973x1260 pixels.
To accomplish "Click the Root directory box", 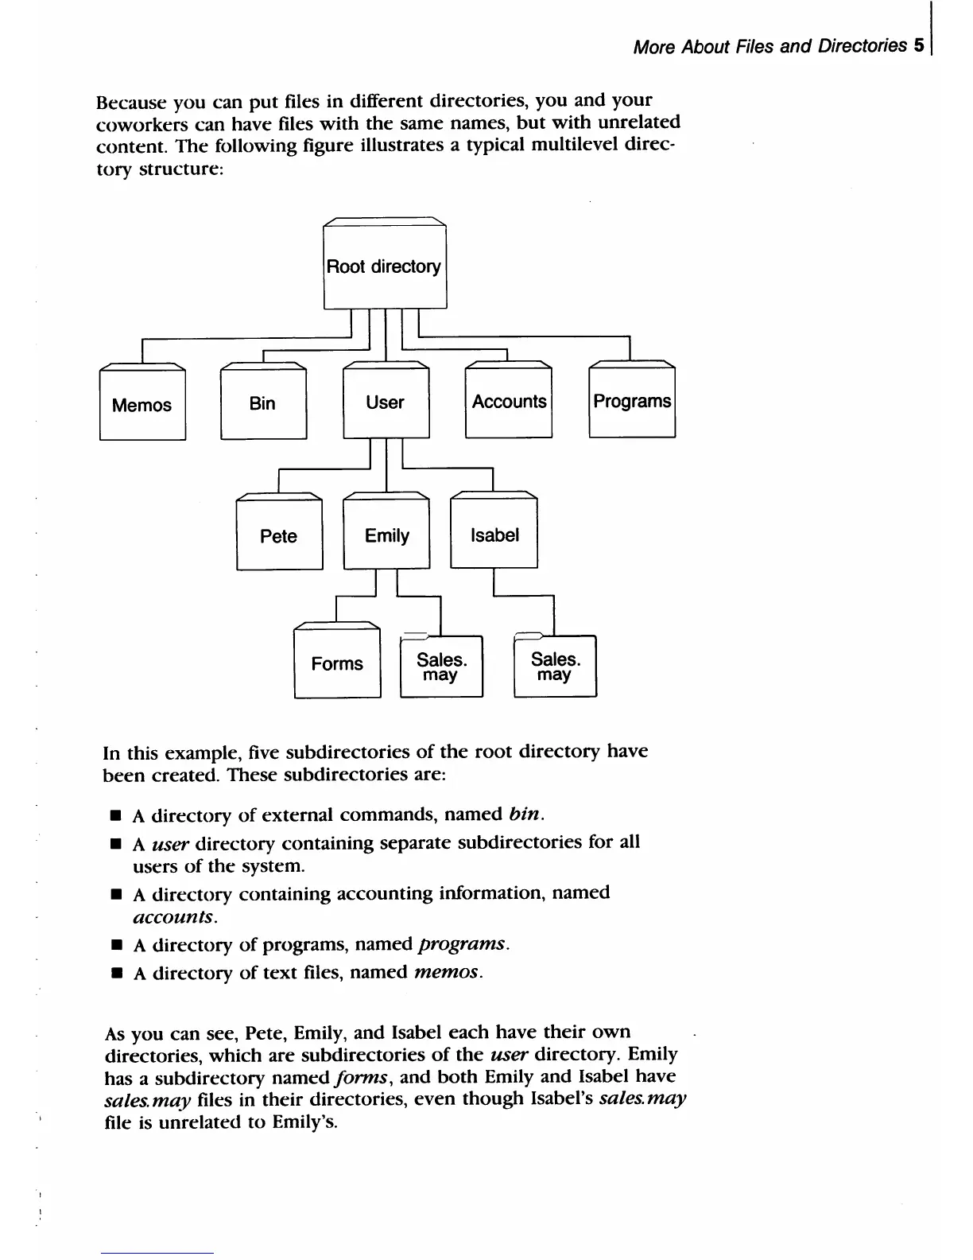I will pos(385,267).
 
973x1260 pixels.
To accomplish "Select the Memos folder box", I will pos(142,405).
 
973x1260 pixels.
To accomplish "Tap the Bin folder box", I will pos(263,403).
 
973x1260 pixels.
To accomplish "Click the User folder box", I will pos(386,402).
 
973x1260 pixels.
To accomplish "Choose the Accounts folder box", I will pos(509,402).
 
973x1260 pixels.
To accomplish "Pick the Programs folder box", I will pos(632,401).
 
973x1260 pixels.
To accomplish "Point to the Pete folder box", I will pos(279,535).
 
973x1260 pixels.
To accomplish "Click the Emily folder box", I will pos(386,535).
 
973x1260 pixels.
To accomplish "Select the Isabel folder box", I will pos(494,535).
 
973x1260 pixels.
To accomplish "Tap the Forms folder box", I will pos(337,663).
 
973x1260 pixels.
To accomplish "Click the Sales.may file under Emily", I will pos(441,667).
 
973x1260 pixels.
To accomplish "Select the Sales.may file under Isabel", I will pos(555,667).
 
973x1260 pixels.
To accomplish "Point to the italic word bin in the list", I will pos(525,815).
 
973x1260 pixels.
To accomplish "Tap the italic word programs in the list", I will pos(461,944).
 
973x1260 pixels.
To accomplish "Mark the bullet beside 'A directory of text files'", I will pos(116,973).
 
